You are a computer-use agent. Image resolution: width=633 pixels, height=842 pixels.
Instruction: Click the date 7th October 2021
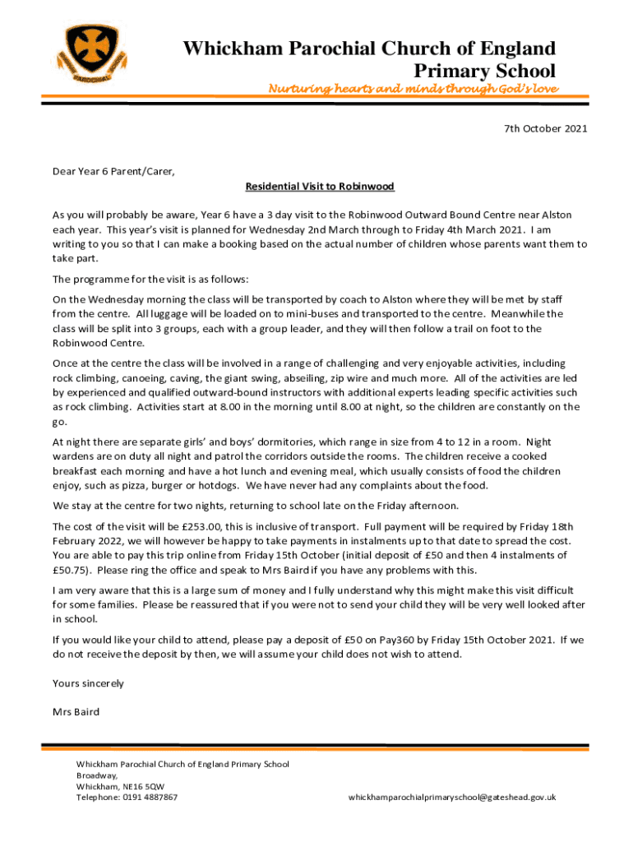(545, 129)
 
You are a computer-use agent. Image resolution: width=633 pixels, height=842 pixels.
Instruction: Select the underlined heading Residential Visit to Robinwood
(320, 187)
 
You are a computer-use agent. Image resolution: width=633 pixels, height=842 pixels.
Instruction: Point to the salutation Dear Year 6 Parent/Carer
(113, 172)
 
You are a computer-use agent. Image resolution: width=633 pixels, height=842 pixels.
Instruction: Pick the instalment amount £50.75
(72, 571)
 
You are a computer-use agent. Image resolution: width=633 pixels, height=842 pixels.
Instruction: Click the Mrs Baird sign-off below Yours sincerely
(76, 711)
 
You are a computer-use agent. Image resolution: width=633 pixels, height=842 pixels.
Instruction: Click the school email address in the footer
(452, 797)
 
